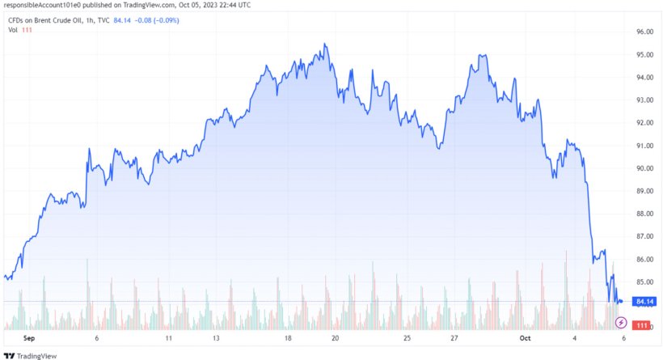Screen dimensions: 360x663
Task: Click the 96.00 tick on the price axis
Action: [644, 32]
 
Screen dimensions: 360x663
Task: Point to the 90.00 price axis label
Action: [644, 168]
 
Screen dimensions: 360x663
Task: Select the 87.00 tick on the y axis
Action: [644, 236]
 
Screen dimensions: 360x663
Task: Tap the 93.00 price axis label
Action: [644, 100]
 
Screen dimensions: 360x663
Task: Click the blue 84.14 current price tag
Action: [644, 302]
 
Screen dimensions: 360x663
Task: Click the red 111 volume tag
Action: [641, 325]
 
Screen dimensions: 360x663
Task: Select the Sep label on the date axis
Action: [30, 338]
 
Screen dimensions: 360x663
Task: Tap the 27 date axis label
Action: [455, 338]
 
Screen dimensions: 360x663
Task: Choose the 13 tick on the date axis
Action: [217, 338]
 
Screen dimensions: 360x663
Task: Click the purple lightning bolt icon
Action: [620, 322]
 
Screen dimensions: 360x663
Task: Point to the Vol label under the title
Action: [13, 30]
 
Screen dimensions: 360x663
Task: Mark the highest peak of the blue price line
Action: [324, 44]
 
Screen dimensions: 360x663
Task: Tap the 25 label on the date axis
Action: [407, 338]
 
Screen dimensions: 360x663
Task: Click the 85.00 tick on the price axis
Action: [644, 282]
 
